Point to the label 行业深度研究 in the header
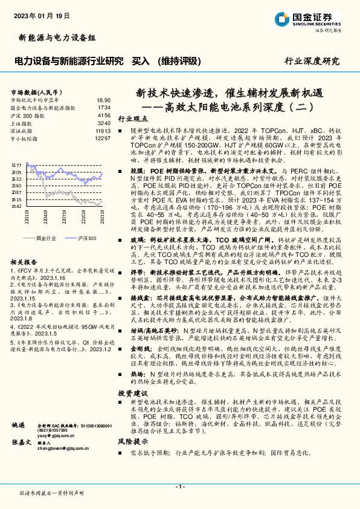(x=312, y=61)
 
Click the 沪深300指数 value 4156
(x=104, y=115)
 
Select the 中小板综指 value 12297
(x=102, y=138)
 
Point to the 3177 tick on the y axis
(x=17, y=164)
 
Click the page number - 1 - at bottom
(x=179, y=487)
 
